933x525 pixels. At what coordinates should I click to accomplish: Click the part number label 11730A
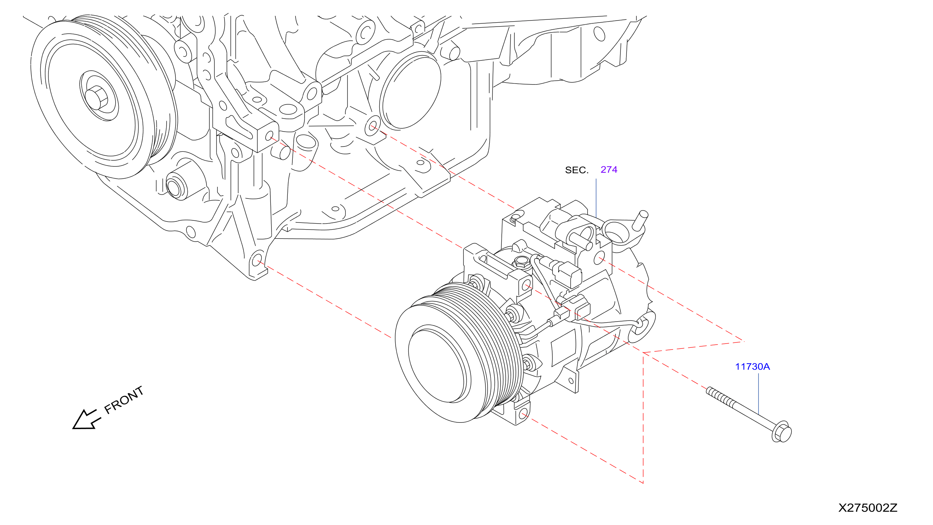click(752, 367)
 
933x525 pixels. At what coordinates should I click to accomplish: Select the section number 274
click(609, 169)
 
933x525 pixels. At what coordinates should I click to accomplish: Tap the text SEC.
click(577, 170)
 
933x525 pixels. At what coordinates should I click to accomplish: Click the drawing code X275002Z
click(868, 508)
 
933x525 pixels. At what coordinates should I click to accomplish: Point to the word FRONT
click(124, 400)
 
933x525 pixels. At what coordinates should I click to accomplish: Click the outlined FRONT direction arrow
click(86, 420)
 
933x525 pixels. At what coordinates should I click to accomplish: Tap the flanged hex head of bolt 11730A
click(782, 432)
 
